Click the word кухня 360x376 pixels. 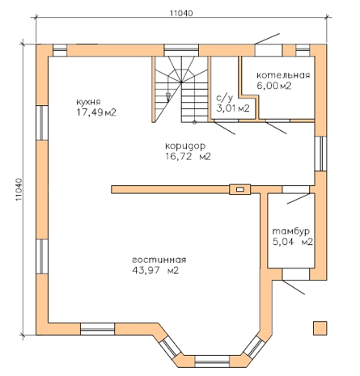[88, 102]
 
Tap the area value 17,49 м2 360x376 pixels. [96, 112]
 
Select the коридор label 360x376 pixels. [185, 146]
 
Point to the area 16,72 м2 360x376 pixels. [188, 156]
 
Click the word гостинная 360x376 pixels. [159, 260]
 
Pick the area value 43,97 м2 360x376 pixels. [155, 270]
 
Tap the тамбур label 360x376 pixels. [291, 231]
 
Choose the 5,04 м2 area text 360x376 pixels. [293, 242]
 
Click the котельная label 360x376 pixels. [283, 75]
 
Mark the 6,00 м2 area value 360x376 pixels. [274, 86]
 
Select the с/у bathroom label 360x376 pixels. [224, 98]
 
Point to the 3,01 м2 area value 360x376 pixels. [233, 108]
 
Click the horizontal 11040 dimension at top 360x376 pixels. [181, 13]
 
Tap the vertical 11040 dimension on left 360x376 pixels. [19, 189]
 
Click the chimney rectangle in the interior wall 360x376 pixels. [240, 189]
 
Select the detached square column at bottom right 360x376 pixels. [320, 328]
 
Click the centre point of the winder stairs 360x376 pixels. [181, 82]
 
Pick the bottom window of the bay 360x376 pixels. [212, 361]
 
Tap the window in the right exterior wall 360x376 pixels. [320, 154]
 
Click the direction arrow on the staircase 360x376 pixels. [168, 97]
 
